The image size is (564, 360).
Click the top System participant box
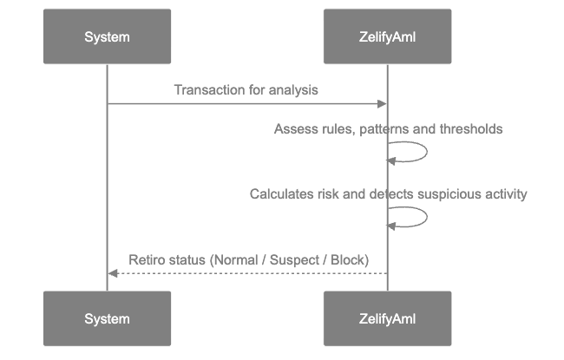pyautogui.click(x=107, y=36)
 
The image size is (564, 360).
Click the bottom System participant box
pyautogui.click(x=107, y=318)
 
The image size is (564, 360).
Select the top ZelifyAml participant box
pyautogui.click(x=387, y=36)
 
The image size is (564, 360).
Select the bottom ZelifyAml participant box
pyautogui.click(x=387, y=318)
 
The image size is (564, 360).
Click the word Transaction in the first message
pyautogui.click(x=207, y=89)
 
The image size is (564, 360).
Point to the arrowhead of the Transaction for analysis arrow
pyautogui.click(x=382, y=104)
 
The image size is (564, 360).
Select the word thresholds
pyautogui.click(x=470, y=129)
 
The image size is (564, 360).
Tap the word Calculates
pyautogui.click(x=281, y=194)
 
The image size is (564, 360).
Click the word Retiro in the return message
pyautogui.click(x=145, y=259)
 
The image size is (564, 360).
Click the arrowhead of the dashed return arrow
pyautogui.click(x=112, y=273)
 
